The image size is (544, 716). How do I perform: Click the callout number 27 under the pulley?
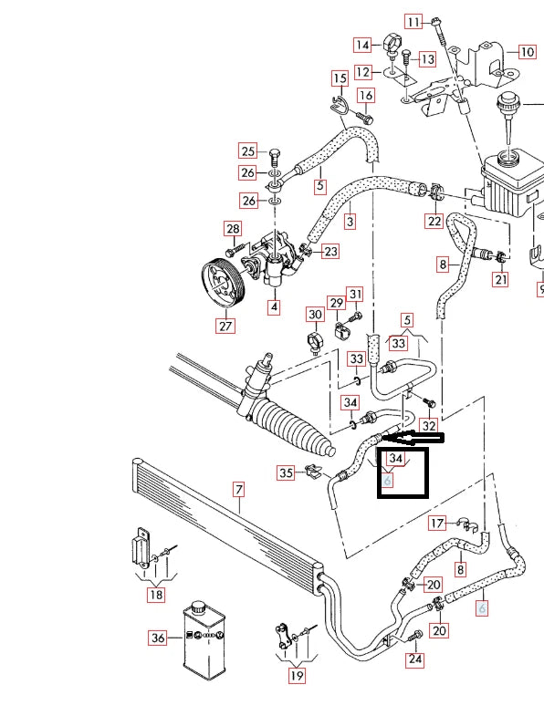(x=225, y=324)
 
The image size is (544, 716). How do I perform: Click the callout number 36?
(x=158, y=638)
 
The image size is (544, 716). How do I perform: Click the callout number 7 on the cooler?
(x=239, y=491)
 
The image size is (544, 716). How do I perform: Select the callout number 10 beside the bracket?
(x=527, y=52)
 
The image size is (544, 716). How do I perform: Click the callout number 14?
(x=363, y=45)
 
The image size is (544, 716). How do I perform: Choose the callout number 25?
(x=248, y=151)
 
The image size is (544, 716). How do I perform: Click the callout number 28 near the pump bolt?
(x=233, y=229)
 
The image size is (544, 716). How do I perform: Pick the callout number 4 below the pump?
(x=273, y=307)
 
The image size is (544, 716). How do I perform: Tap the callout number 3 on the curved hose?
(x=350, y=221)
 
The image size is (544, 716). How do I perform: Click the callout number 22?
(x=434, y=221)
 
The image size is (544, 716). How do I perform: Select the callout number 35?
(x=287, y=472)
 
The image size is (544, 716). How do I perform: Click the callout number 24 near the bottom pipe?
(x=415, y=659)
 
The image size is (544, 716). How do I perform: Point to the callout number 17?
(x=437, y=523)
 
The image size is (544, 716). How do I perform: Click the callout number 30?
(x=315, y=315)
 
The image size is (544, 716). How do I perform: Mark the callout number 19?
(x=296, y=676)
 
